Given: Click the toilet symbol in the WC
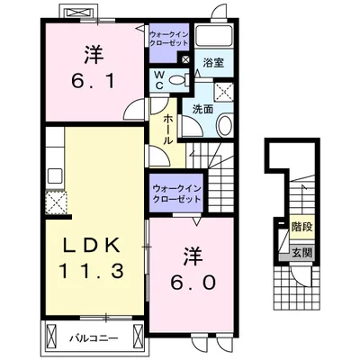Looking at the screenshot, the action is tap(178, 79).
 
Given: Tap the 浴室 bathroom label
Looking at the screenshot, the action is tap(213, 63).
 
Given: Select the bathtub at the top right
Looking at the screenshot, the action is tap(214, 35).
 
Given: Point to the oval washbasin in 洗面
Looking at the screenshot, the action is tap(224, 126).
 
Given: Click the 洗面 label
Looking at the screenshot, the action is tap(202, 109).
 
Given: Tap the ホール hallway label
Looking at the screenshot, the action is tap(167, 130).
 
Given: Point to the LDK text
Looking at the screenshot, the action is tap(92, 245).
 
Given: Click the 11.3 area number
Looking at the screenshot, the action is tap(93, 271).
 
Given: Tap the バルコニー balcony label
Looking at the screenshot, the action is tap(94, 338).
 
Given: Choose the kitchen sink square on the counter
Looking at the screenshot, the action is tap(56, 175).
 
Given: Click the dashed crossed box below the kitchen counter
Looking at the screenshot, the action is tap(56, 202).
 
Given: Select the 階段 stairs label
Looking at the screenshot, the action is tap(302, 227).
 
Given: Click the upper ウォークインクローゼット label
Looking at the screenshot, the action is tap(169, 38).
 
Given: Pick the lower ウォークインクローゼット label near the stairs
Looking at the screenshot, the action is tap(176, 193).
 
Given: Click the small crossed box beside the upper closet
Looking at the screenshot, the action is tap(185, 59).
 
